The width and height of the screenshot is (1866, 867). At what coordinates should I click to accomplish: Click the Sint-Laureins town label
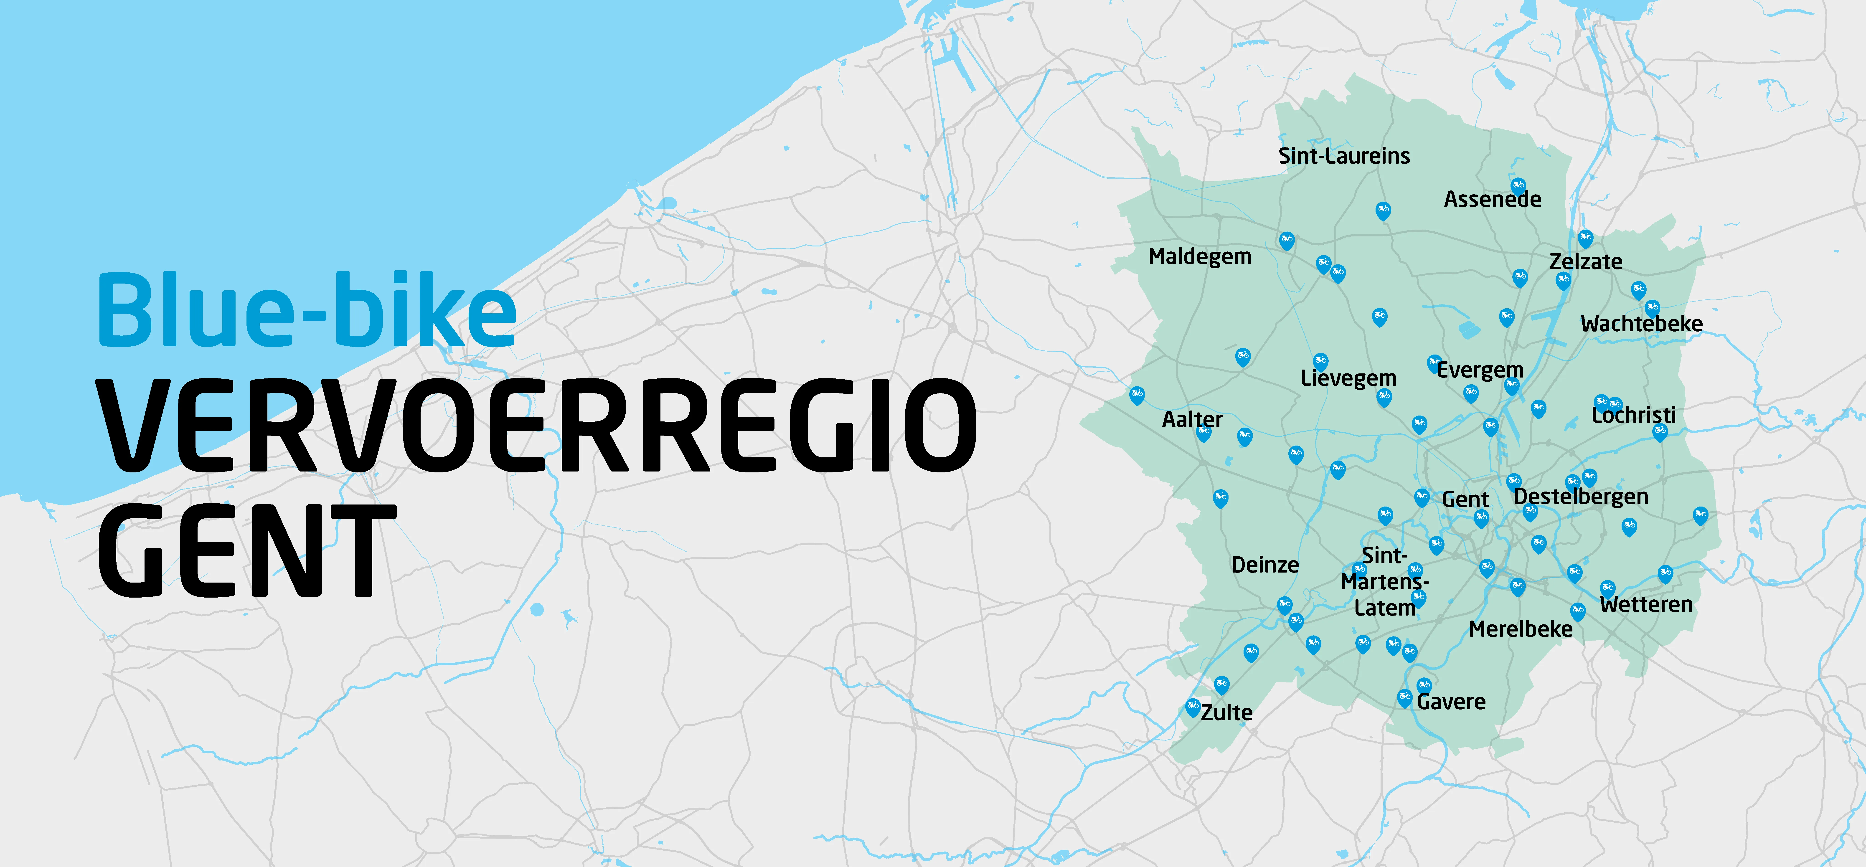point(1344,156)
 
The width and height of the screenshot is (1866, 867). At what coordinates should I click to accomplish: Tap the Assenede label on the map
point(1492,199)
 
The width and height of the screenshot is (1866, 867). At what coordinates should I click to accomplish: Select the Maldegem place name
point(1200,256)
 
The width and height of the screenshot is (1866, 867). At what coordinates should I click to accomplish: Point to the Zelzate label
point(1586,261)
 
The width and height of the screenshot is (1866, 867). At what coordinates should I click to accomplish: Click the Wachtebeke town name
point(1641,324)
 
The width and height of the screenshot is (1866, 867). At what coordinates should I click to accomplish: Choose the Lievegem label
point(1348,378)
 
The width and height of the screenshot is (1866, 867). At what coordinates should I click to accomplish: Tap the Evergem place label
point(1480,370)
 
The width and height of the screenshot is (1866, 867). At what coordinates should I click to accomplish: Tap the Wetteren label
point(1646,605)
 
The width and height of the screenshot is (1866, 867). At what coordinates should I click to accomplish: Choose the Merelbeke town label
point(1521,629)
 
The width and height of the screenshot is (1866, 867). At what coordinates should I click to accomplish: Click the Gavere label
point(1451,702)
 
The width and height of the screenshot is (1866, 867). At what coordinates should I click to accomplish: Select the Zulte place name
point(1226,713)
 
